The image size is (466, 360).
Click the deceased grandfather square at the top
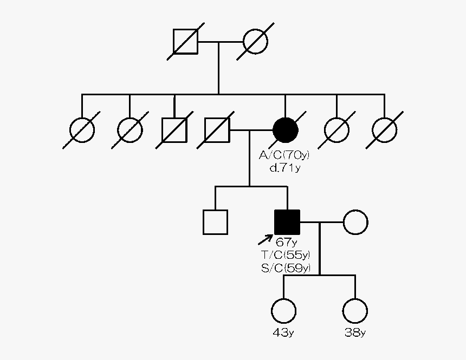(185, 41)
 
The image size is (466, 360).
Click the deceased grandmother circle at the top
(256, 41)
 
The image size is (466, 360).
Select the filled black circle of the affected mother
(286, 130)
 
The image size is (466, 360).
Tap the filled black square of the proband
(287, 222)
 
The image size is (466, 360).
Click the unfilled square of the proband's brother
(215, 222)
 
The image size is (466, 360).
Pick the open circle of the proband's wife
(355, 222)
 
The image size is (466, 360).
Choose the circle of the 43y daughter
(283, 311)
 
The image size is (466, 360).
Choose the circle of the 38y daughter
(355, 311)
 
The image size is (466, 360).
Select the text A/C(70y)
(284, 156)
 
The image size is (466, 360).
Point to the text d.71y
(284, 168)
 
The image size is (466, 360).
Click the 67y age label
(287, 241)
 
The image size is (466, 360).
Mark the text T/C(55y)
(286, 254)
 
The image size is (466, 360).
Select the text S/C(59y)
(286, 267)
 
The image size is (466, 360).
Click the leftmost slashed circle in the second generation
(82, 130)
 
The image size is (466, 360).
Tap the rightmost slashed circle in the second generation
(385, 130)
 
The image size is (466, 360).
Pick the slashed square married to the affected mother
(217, 130)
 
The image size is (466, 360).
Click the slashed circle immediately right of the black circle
(336, 130)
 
